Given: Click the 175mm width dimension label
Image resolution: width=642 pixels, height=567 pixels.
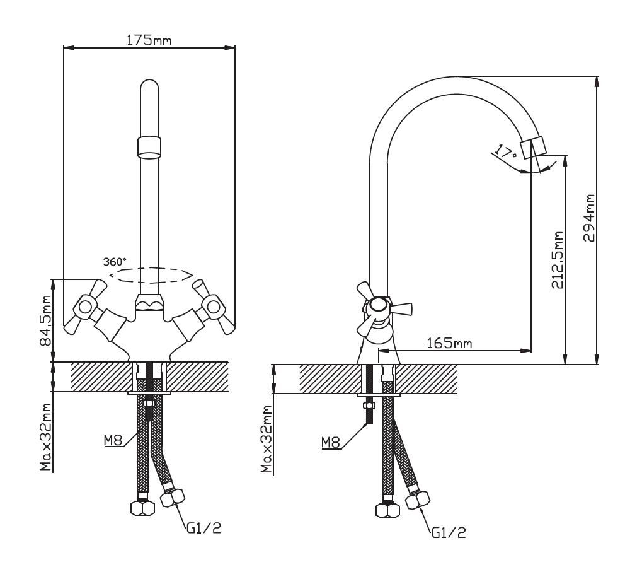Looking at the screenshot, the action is [149, 40].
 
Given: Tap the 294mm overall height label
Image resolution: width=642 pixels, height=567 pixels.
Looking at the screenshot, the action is [589, 218].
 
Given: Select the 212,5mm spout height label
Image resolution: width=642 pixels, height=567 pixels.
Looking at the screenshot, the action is [557, 260].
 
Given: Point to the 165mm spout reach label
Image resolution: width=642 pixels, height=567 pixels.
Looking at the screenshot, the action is [449, 342].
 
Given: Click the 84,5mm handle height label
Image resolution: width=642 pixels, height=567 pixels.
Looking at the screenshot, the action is [46, 320].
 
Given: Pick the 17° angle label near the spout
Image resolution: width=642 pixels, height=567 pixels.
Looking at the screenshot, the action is [506, 152].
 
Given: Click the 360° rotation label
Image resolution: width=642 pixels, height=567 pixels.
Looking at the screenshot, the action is [115, 261].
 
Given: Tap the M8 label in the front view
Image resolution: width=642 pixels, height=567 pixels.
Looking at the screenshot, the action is [113, 441].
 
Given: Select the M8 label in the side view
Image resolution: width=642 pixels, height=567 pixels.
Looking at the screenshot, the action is [331, 443].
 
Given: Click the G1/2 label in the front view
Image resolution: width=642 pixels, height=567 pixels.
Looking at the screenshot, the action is [204, 529].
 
